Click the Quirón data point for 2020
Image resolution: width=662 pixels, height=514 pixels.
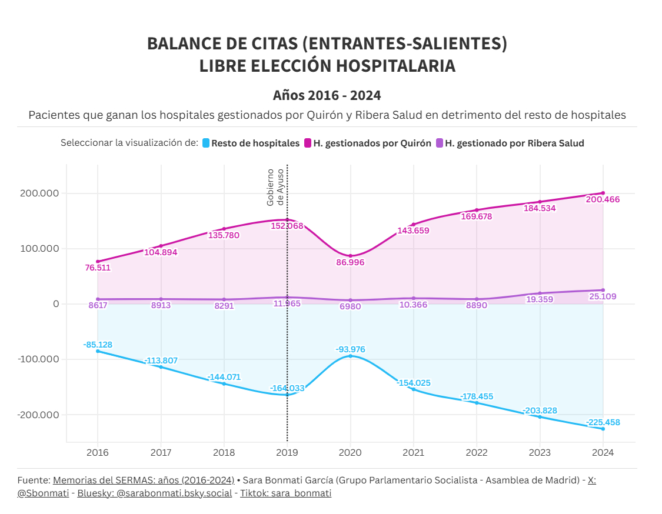click(x=351, y=256)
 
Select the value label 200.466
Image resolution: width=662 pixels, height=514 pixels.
click(x=603, y=199)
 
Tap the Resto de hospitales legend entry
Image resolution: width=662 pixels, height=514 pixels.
click(x=251, y=143)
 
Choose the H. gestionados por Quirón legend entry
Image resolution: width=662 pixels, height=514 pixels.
click(x=367, y=143)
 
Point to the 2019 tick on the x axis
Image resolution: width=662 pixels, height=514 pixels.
click(x=287, y=452)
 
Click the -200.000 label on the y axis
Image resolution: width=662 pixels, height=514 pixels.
click(x=39, y=415)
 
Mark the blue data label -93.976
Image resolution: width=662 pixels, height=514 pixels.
click(x=351, y=349)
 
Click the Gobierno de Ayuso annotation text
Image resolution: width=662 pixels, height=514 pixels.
click(x=275, y=187)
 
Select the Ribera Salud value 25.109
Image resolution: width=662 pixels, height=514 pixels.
click(x=603, y=296)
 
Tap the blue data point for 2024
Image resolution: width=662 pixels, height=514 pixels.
click(x=603, y=429)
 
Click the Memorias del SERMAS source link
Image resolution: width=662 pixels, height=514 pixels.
click(x=144, y=480)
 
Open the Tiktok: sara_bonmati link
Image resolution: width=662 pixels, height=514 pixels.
click(x=285, y=493)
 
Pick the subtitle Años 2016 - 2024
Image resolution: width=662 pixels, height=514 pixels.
click(x=327, y=95)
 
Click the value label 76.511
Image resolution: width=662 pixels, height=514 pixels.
click(x=98, y=268)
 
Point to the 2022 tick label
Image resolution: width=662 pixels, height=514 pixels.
click(x=477, y=452)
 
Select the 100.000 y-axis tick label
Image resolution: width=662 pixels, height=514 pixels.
click(x=39, y=249)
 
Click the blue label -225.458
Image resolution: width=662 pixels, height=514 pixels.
click(x=603, y=422)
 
